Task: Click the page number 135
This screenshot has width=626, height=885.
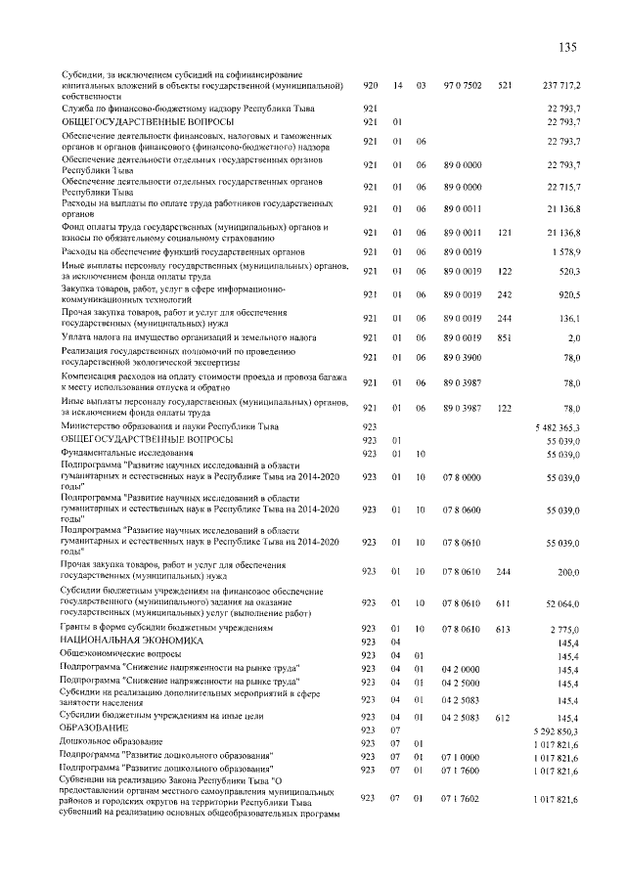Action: coord(571,48)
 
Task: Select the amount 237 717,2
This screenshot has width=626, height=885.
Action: coord(560,86)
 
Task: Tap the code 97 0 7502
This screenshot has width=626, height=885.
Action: coord(462,86)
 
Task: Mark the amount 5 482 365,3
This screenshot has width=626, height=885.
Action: coord(558,427)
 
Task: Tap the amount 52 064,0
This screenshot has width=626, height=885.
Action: coord(563,604)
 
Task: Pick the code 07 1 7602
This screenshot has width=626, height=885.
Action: coord(462,800)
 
